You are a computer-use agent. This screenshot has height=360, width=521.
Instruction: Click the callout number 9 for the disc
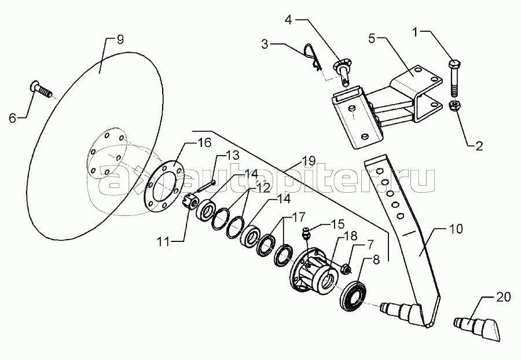click(120, 40)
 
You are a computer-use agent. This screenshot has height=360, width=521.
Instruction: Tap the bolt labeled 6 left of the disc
click(41, 89)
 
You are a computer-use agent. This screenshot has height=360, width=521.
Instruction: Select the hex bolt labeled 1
click(454, 77)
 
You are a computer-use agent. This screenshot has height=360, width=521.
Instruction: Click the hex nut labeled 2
click(454, 106)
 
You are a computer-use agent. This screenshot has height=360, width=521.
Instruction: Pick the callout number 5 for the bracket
click(372, 38)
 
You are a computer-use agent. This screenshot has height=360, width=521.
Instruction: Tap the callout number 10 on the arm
click(457, 229)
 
